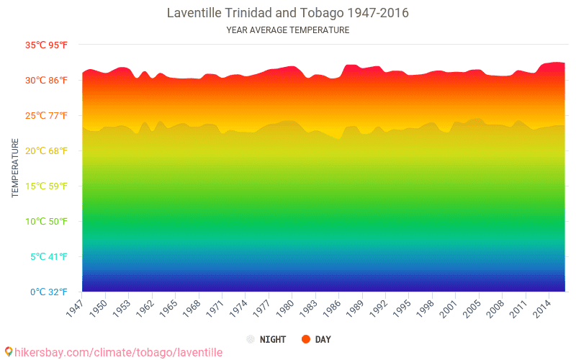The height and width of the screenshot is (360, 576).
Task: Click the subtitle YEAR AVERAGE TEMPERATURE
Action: click(x=287, y=30)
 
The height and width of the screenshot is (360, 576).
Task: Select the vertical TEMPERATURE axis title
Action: click(x=15, y=168)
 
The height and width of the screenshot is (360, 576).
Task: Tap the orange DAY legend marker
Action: click(x=306, y=339)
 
